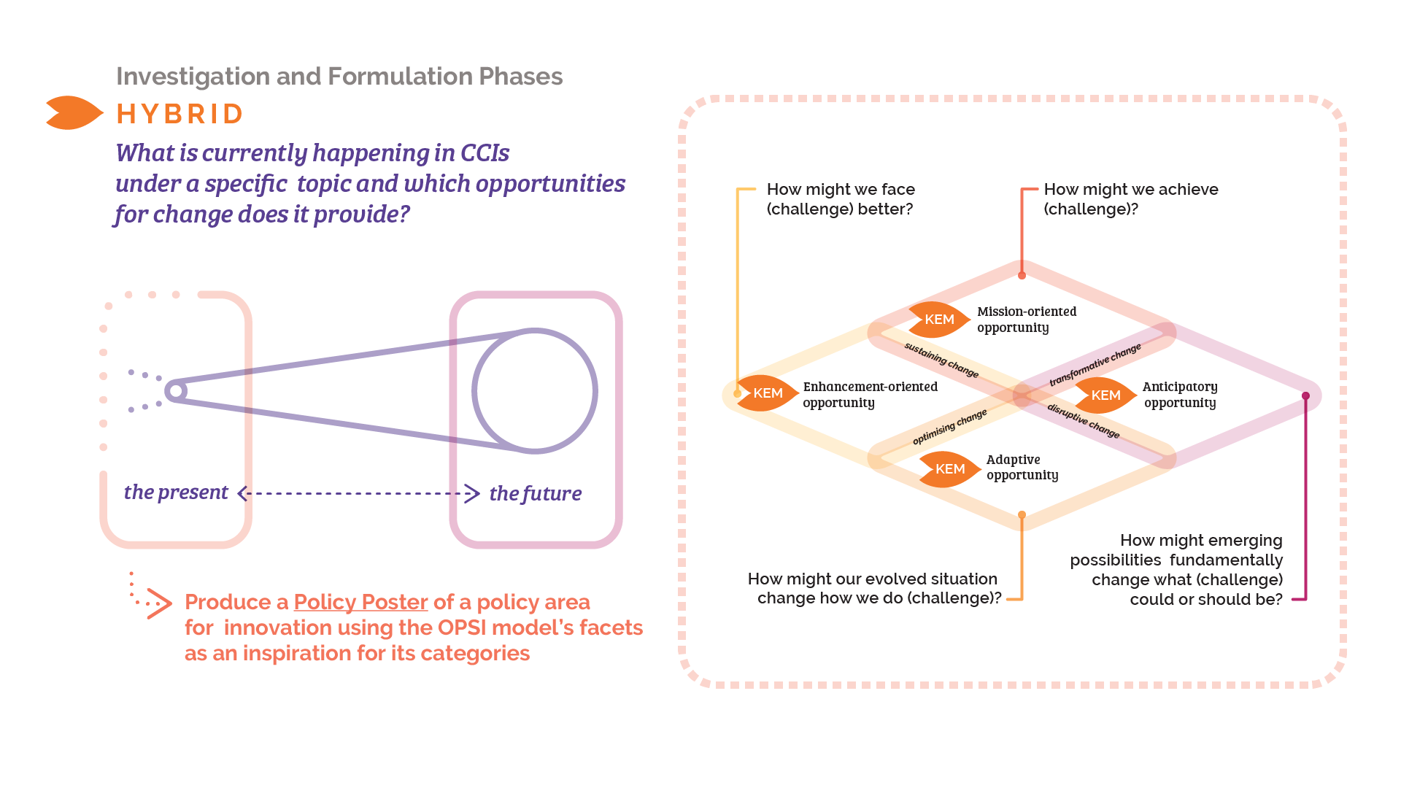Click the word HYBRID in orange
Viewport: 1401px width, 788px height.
tap(180, 115)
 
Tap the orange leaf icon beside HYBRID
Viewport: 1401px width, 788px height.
tap(73, 113)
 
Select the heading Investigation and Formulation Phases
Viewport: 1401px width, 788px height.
tap(339, 77)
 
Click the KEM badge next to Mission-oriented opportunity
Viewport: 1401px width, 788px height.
tap(938, 320)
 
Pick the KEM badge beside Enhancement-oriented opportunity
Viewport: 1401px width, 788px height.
tap(767, 393)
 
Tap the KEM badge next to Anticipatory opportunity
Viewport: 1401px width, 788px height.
tap(1105, 395)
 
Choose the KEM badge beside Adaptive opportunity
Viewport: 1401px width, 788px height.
tap(949, 469)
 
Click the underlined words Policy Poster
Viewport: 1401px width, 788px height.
tap(360, 602)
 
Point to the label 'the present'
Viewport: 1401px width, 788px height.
tap(176, 492)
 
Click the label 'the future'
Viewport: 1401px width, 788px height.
tap(535, 494)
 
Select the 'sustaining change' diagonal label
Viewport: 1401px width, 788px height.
tap(941, 360)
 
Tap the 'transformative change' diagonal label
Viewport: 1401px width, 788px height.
tap(1095, 365)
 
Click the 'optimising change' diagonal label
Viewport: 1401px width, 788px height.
tap(949, 427)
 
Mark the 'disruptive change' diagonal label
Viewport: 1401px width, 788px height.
tap(1083, 421)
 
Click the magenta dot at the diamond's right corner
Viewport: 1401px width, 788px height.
tap(1305, 396)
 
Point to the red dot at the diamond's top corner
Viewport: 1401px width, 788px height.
tap(1022, 276)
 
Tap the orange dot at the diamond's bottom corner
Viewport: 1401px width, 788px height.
tap(1022, 515)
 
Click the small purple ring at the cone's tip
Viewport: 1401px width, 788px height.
tap(175, 391)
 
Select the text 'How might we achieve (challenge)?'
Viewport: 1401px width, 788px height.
tap(1130, 199)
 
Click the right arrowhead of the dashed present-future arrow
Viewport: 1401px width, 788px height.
tap(472, 494)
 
